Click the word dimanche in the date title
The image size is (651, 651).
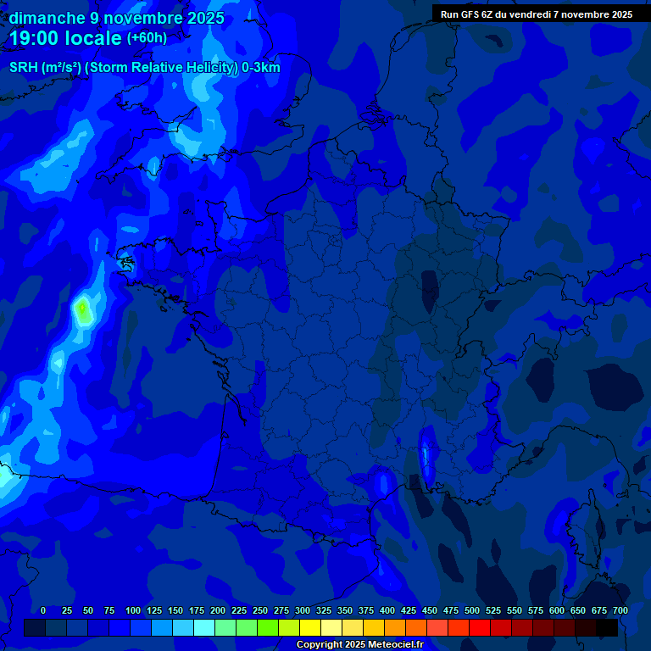(46, 18)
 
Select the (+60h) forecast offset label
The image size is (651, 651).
(147, 38)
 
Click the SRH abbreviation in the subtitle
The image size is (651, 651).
(23, 68)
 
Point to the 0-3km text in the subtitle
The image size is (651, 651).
(261, 68)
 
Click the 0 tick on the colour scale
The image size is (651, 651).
(43, 610)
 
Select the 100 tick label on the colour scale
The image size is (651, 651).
(133, 610)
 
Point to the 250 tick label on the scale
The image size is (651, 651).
(260, 610)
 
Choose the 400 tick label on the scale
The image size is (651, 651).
(387, 610)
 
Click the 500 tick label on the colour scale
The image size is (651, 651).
(472, 610)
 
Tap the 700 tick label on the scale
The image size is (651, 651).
(620, 610)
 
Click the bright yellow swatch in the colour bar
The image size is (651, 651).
(310, 627)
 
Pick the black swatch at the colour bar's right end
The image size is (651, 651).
(607, 627)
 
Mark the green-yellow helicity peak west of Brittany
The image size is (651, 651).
(82, 310)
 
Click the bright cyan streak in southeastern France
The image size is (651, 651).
(425, 456)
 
